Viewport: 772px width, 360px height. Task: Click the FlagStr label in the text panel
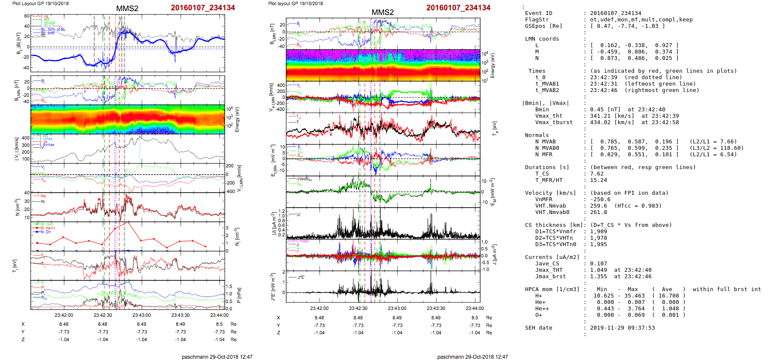point(537,20)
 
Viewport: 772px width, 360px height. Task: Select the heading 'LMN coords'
point(542,39)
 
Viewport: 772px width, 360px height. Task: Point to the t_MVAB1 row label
point(547,84)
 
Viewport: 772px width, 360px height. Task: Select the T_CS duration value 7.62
point(597,174)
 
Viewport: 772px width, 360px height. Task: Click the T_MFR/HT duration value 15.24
point(598,180)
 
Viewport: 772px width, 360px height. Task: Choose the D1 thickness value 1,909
point(598,232)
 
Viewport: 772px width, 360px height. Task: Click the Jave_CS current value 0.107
point(598,264)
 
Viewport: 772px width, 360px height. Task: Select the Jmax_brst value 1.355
point(598,277)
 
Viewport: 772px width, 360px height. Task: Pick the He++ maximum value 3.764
point(636,309)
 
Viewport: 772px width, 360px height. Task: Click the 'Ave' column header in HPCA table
point(667,289)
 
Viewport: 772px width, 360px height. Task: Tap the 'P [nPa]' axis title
point(239,295)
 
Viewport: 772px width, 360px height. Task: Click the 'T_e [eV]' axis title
point(495,128)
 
